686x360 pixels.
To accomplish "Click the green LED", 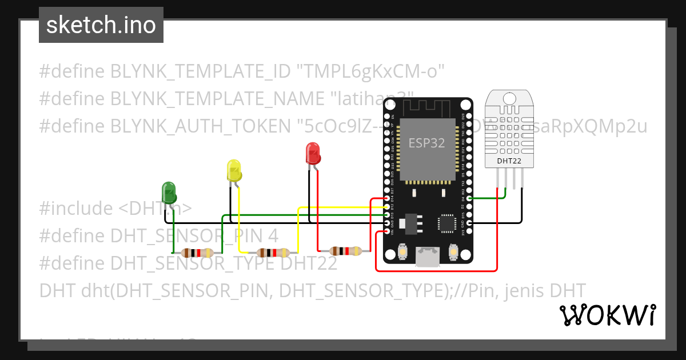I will tap(169, 193).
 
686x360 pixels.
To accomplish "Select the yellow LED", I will tap(234, 171).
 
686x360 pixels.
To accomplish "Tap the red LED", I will tap(313, 154).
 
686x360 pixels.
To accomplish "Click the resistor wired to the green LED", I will tap(196, 253).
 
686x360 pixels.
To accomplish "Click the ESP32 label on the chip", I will tap(426, 143).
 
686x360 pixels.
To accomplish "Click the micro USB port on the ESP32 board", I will tap(428, 258).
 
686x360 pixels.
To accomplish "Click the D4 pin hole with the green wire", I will tap(469, 198).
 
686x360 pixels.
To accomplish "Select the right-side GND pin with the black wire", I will tap(469, 223).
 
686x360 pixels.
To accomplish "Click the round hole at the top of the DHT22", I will tap(509, 98).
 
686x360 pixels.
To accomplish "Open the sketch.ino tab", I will tap(101, 26).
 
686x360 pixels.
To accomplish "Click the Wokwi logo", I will tap(607, 315).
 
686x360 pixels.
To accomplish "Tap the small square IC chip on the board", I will tap(446, 223).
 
